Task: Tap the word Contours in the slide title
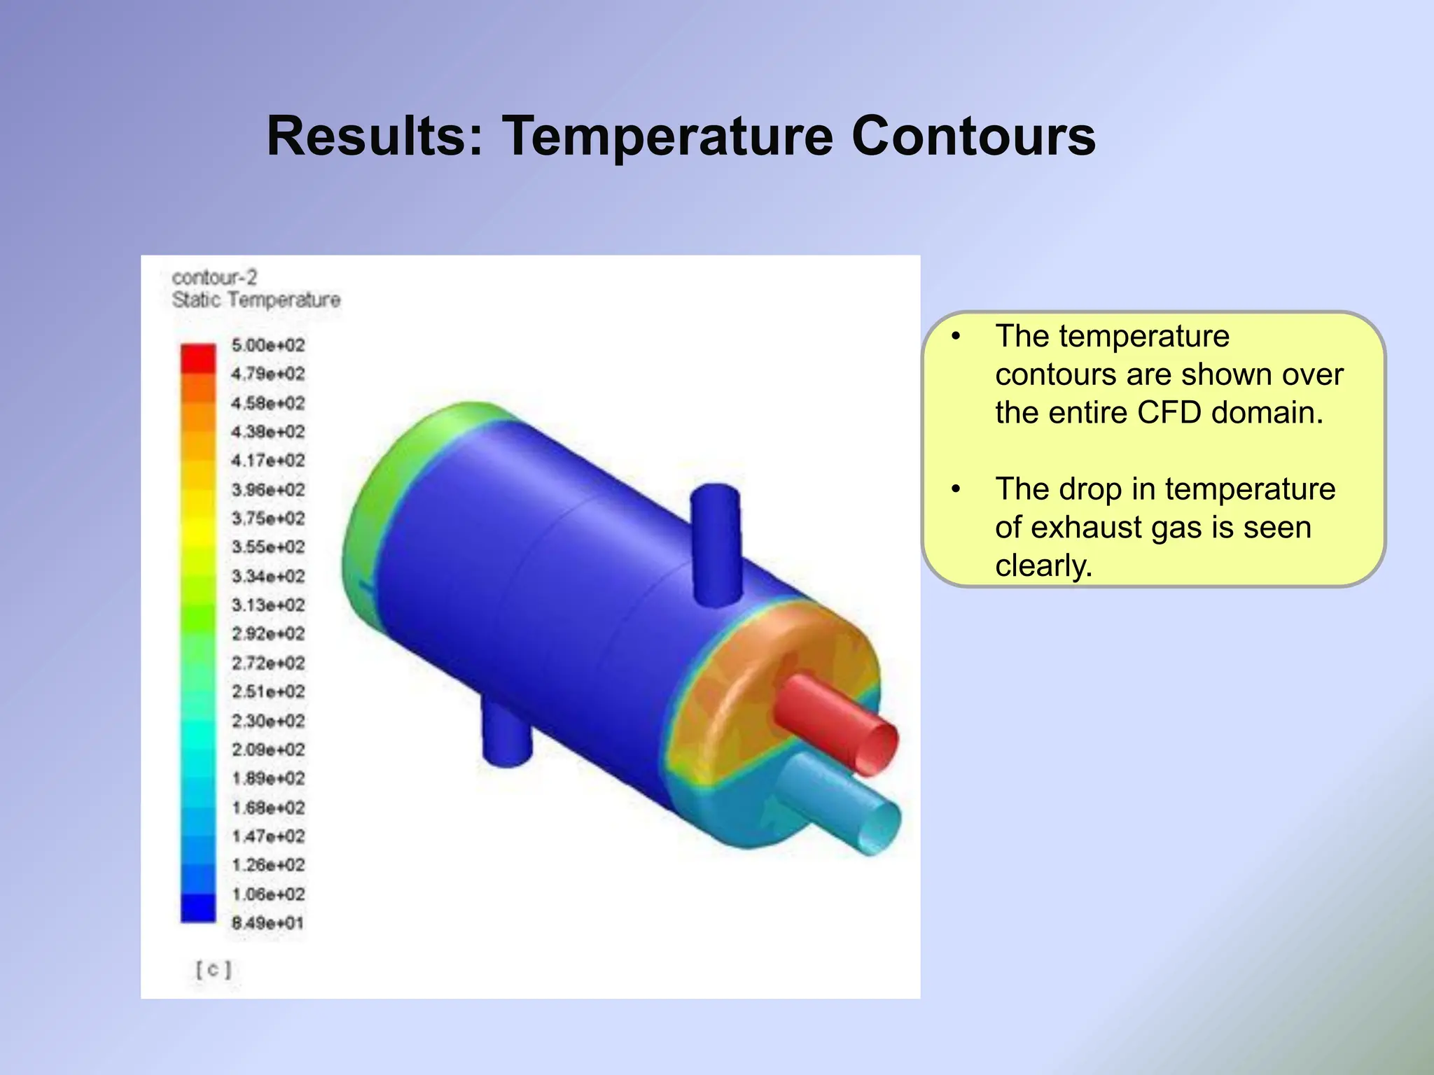973,136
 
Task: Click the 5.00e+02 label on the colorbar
268,345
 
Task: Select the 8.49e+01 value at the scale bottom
268,923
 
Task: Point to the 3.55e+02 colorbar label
268,547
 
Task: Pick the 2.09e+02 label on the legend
268,750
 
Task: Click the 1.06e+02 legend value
268,894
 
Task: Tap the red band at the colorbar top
198,358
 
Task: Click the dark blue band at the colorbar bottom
198,908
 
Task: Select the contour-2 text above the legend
214,278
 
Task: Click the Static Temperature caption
256,300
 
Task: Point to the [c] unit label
213,970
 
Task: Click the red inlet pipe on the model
833,721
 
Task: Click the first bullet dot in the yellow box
956,337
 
